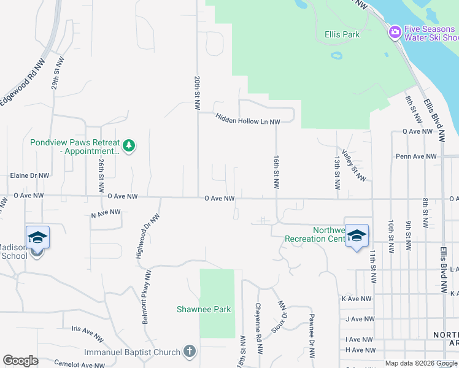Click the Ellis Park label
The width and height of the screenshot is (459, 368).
[342, 34]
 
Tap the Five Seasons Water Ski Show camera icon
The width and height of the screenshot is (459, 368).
[395, 31]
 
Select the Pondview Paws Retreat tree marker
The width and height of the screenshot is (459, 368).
[129, 146]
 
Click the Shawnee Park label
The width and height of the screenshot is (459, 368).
[204, 309]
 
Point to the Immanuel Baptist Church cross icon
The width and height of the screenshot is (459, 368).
[190, 351]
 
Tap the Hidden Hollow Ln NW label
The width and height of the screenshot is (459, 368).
[247, 118]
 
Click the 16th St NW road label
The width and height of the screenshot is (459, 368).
[277, 171]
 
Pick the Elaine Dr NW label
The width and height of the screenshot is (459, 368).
[29, 175]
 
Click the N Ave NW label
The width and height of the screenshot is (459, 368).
[106, 213]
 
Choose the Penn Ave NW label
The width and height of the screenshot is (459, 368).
[416, 156]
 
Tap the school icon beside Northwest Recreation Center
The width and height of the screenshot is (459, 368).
[356, 236]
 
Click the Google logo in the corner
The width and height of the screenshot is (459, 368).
[20, 361]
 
